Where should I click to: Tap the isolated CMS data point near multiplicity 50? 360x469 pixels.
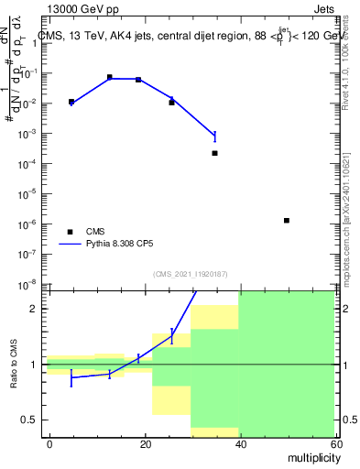pos(287,220)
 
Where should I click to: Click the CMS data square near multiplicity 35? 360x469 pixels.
pos(214,153)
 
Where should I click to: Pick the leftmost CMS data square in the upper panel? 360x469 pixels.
pos(71,102)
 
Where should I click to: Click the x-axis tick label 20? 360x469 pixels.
pos(145,443)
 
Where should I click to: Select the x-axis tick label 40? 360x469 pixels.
pos(239,443)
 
